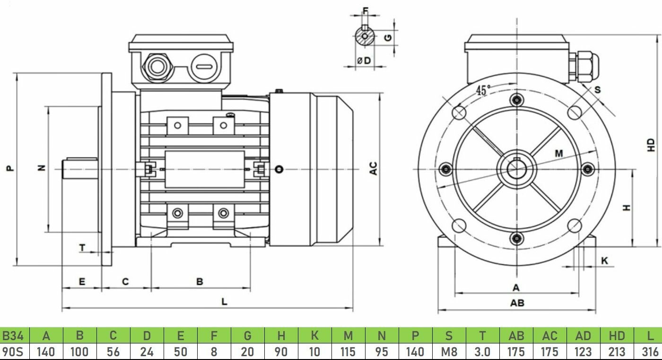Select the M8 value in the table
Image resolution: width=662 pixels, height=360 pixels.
pos(449,352)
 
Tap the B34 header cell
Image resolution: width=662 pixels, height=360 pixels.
pos(13,336)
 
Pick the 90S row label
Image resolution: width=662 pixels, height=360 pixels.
pos(13,352)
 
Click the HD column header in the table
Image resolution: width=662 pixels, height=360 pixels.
pos(617,336)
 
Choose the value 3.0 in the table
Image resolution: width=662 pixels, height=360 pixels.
pos(482,352)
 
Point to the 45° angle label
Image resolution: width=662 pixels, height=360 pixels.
pos(483,91)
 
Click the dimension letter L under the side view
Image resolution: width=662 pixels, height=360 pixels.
pos(225,302)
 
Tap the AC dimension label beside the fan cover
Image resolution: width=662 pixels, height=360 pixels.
pos(374,168)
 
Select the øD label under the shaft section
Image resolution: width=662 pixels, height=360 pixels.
pos(364,61)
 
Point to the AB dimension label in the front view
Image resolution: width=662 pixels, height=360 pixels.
pos(517,303)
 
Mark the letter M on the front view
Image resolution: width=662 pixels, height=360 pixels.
pos(559,153)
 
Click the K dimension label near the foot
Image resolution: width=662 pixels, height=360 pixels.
pos(605,261)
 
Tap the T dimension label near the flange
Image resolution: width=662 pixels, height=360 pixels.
pos(82,247)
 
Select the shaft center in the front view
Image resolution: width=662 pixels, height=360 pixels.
pos(517,168)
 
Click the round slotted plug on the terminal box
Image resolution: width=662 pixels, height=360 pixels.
pos(205,66)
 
